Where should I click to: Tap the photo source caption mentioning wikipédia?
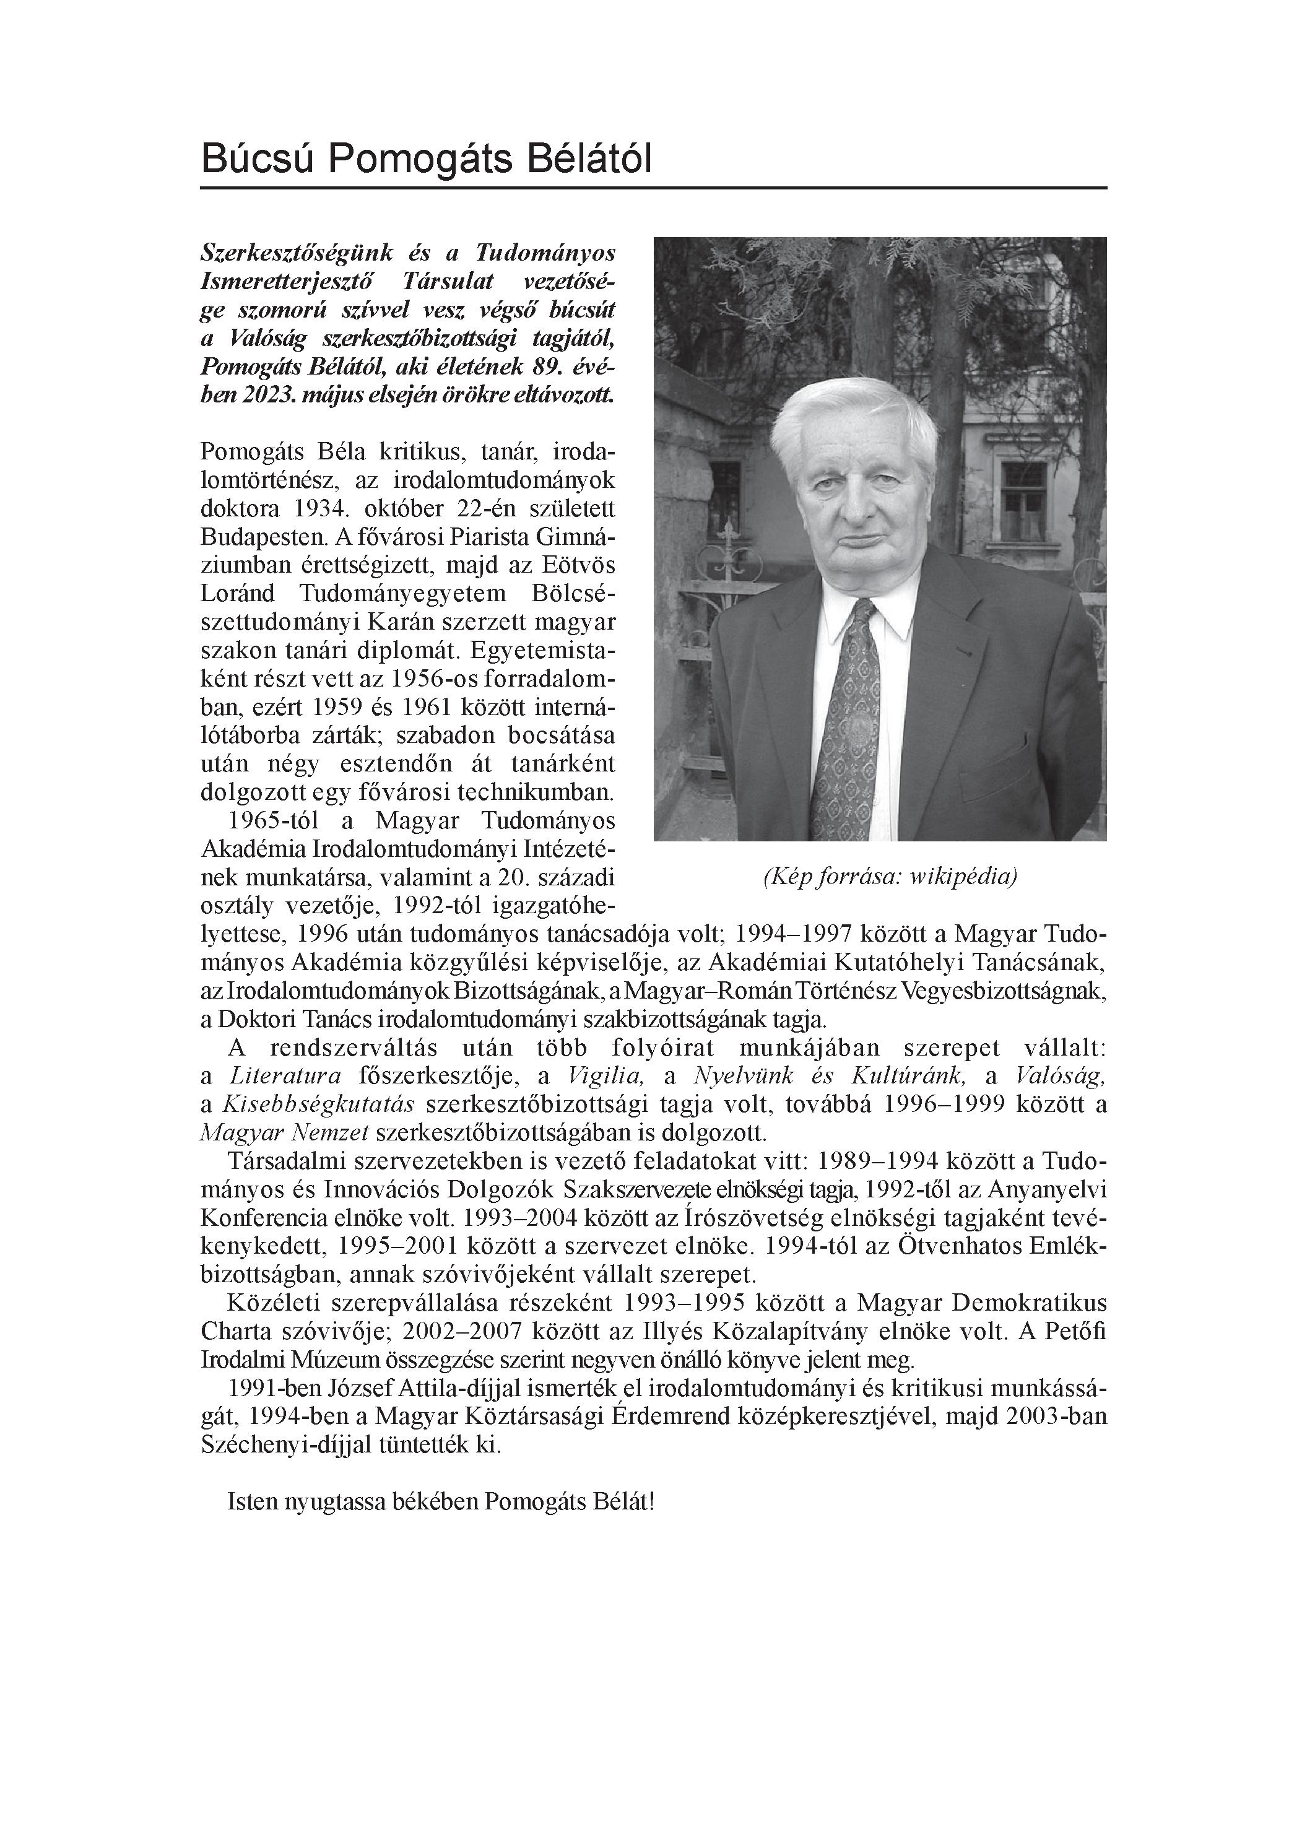click(x=890, y=875)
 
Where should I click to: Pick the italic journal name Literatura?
click(x=286, y=1075)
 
